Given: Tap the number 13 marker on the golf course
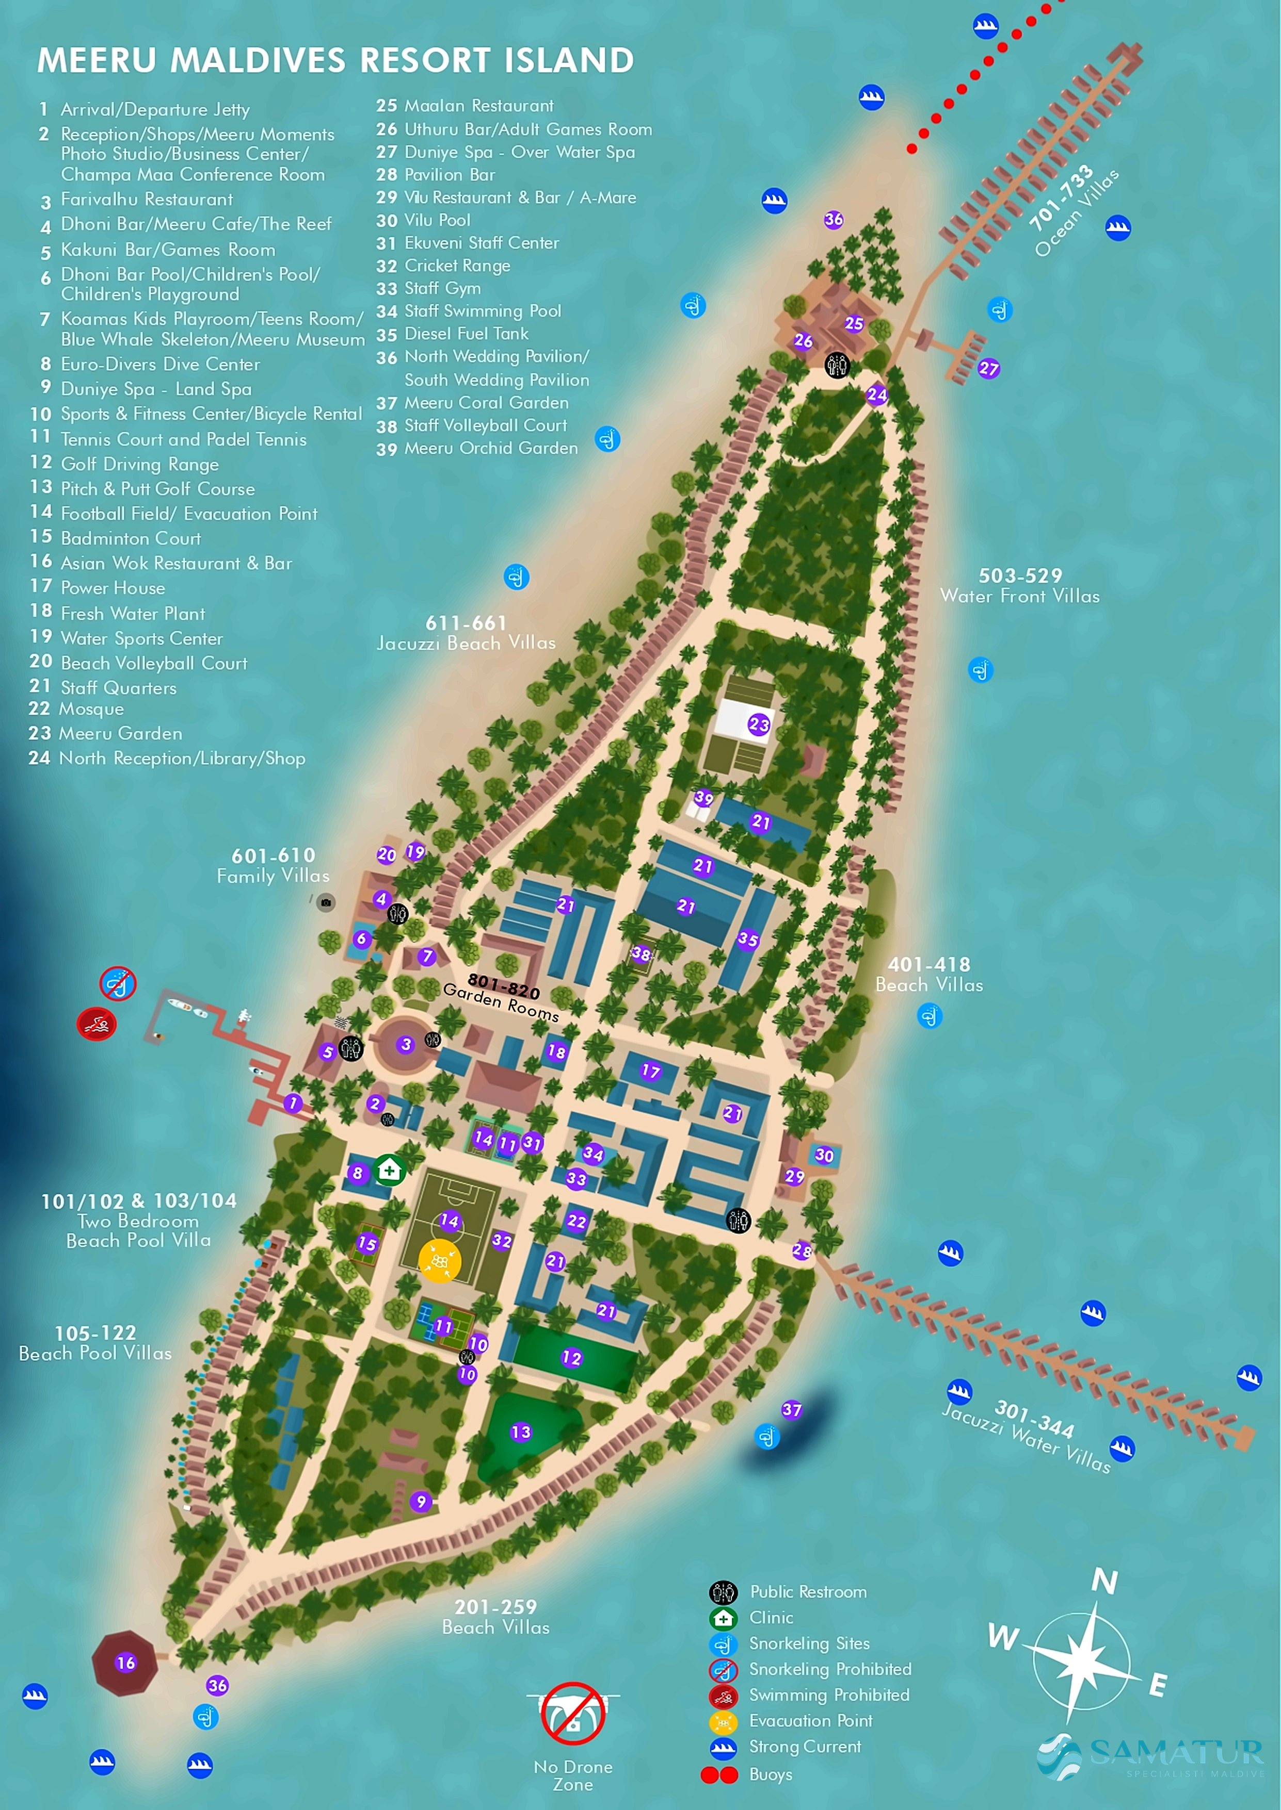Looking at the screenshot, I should (x=521, y=1431).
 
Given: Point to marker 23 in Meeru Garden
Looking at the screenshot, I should (x=759, y=723).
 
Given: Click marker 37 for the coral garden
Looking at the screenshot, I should (x=792, y=1409).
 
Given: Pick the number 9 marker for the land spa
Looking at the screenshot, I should (x=421, y=1501).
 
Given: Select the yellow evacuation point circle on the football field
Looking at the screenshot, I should (x=439, y=1261).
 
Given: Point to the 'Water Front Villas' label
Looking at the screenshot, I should (x=1019, y=596).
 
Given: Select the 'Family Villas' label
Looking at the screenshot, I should (x=273, y=876).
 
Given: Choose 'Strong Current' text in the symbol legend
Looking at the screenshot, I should (x=805, y=1746).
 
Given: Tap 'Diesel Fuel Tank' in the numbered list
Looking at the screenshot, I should (x=466, y=334).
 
